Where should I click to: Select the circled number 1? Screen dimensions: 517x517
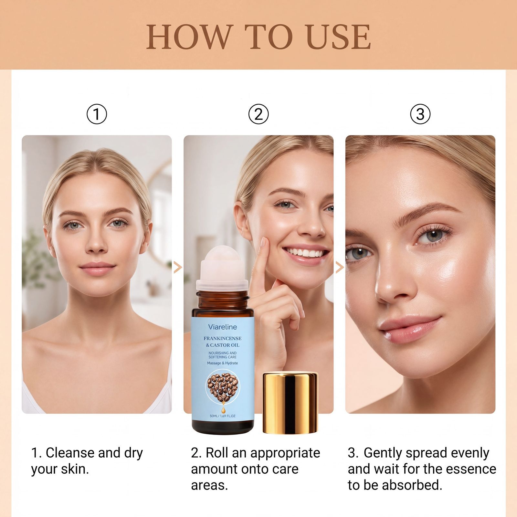coord(97,114)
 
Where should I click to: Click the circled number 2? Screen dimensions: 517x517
coord(258,114)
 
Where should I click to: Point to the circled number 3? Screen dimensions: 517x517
coord(420,114)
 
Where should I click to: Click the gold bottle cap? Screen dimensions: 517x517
coord(290,402)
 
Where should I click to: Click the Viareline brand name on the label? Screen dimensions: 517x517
coord(223,327)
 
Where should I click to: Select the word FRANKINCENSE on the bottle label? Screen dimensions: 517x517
coord(223,338)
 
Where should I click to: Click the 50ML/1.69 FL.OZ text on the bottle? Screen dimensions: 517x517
coord(223,416)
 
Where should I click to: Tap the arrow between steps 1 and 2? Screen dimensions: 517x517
coord(178,267)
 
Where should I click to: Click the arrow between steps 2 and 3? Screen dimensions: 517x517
coord(339,267)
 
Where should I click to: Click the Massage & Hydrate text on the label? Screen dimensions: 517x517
coord(223,363)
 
